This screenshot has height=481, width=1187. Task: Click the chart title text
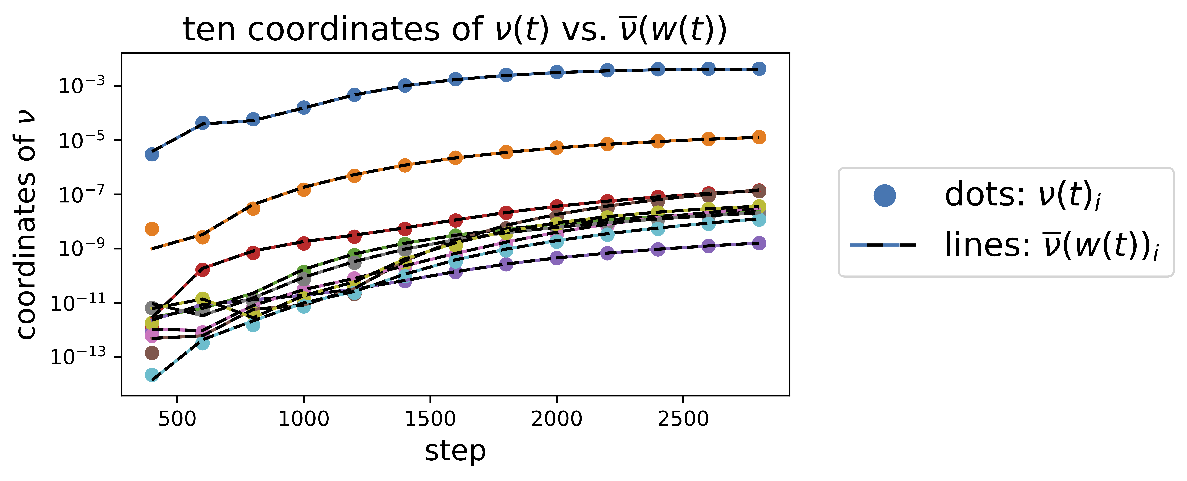[455, 30]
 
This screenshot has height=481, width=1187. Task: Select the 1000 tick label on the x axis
[304, 419]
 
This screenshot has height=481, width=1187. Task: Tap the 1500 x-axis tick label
[430, 419]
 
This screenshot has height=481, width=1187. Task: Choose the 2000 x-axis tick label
[557, 419]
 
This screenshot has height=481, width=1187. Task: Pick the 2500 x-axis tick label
[683, 419]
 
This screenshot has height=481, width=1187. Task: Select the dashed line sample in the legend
[883, 245]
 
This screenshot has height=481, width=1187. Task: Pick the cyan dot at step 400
[152, 375]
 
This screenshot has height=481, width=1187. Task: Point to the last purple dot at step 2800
[759, 243]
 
